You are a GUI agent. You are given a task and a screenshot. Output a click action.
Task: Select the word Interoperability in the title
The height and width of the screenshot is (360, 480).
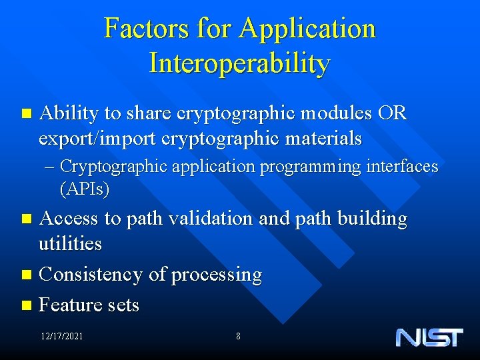pos(239,63)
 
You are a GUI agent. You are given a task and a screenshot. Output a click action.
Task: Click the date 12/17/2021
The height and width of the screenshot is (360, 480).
pos(61,337)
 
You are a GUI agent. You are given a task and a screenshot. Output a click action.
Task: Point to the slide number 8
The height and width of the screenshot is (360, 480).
pos(238,337)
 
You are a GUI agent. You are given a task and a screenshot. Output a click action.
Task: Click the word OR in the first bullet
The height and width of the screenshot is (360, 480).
pos(391,113)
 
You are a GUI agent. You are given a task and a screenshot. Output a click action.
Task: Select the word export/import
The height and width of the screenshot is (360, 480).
pos(90,139)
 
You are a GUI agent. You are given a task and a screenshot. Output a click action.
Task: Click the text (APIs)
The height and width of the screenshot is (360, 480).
pos(85,189)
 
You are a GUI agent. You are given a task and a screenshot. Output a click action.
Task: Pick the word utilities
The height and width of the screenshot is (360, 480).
pos(70,243)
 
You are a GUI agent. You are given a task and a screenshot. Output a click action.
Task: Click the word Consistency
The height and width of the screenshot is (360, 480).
pos(91,274)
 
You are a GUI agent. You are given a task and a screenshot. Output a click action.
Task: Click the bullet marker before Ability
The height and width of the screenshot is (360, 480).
pos(26,114)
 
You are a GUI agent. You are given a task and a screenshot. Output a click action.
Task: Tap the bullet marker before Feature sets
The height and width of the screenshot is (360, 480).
pos(26,306)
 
